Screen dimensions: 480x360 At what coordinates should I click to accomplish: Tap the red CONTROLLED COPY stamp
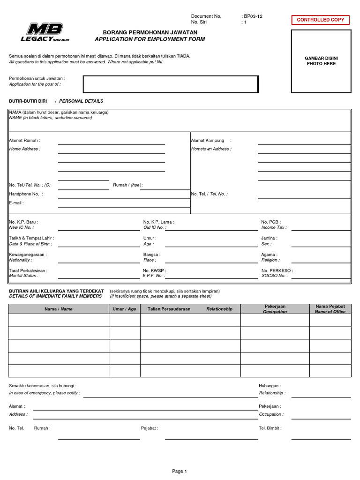321,20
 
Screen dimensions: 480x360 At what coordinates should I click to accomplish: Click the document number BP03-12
254,16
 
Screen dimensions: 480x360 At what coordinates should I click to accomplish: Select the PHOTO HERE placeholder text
321,64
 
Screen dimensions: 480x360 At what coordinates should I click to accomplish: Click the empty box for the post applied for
171,84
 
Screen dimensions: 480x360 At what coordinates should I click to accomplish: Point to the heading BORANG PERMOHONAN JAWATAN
150,32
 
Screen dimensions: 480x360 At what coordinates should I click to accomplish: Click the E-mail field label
16,203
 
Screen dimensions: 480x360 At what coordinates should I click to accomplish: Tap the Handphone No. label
25,194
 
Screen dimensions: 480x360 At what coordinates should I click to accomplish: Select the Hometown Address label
211,149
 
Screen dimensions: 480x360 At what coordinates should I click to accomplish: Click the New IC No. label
22,227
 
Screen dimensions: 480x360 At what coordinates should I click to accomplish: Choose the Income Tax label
274,227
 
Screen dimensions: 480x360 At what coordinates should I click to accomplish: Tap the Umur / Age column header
124,309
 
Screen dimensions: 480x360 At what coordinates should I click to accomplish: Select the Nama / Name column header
59,309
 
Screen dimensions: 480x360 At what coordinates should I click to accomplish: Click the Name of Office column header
330,312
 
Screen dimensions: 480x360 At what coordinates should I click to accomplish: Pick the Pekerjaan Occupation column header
275,309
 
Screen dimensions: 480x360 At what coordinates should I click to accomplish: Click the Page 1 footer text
180,471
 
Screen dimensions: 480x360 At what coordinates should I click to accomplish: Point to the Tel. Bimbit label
270,428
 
